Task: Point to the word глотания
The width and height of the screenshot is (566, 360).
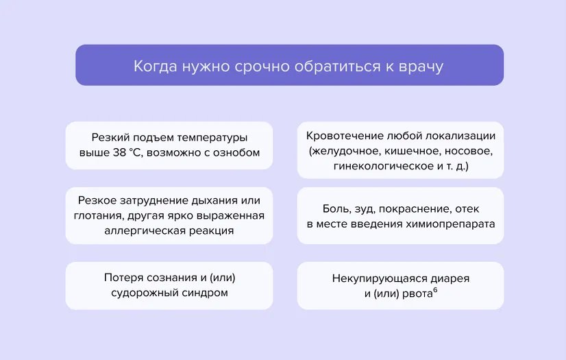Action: [96, 215]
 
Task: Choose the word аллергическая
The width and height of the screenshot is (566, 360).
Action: [141, 231]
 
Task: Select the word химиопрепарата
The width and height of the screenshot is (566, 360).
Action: [454, 224]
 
